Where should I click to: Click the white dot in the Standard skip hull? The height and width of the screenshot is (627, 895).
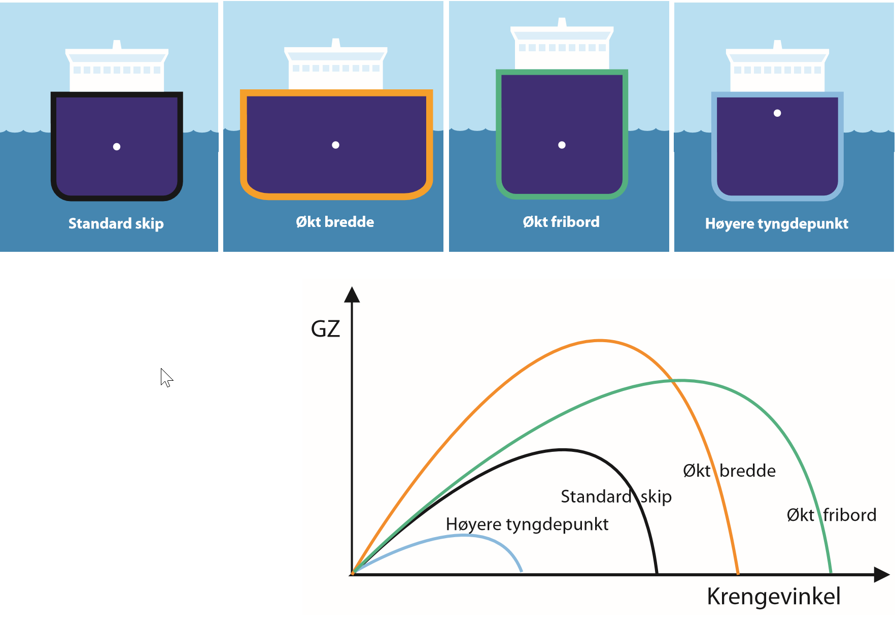click(x=117, y=147)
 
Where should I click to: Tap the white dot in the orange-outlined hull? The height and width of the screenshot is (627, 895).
click(x=335, y=145)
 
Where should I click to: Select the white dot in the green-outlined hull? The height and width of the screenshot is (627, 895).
click(x=562, y=145)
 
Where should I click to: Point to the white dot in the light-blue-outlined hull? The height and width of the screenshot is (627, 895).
click(x=777, y=113)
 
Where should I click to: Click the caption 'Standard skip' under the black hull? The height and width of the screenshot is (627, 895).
click(x=116, y=223)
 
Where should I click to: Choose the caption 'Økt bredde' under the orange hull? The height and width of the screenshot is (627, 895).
click(x=335, y=222)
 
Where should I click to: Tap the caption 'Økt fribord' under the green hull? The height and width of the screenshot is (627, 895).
click(x=561, y=222)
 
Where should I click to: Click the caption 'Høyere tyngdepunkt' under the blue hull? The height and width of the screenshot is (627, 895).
click(x=776, y=223)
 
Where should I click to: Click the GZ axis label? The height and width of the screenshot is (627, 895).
click(x=325, y=329)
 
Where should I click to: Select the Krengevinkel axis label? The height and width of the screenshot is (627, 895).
click(x=773, y=596)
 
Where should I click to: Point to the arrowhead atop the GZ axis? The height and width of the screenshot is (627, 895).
click(x=352, y=294)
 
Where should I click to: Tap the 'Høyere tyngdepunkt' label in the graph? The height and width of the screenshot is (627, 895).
click(x=527, y=524)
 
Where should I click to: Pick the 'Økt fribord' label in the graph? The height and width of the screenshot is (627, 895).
click(x=831, y=515)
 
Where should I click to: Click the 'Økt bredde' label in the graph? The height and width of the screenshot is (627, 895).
click(x=729, y=471)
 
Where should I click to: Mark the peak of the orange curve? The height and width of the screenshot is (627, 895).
click(x=600, y=340)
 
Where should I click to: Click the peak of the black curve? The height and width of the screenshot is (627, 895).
click(x=563, y=450)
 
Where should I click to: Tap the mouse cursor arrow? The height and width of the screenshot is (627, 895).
click(x=166, y=378)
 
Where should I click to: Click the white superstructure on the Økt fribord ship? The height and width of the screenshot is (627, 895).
click(x=562, y=48)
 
